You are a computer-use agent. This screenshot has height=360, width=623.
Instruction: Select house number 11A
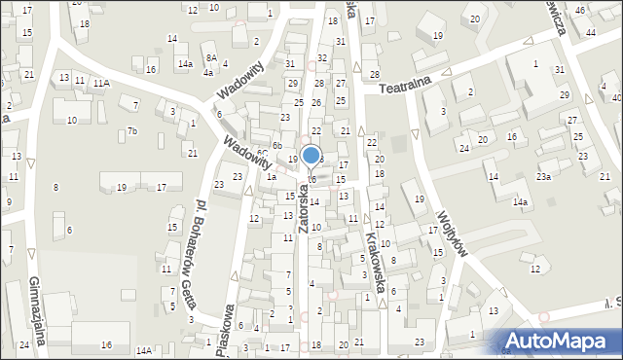(101, 85)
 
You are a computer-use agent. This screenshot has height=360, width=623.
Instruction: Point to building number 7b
(133, 131)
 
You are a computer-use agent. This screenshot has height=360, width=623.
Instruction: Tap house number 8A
(209, 58)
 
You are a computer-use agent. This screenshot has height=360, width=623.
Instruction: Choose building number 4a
(207, 73)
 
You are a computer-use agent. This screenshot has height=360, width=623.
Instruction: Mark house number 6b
(276, 146)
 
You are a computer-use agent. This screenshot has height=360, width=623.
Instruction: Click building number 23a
(543, 176)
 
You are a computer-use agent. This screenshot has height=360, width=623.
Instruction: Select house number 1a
(273, 177)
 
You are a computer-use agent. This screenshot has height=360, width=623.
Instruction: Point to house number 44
(591, 32)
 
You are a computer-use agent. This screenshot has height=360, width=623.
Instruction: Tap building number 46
(580, 10)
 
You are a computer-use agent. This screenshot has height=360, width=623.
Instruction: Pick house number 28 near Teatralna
(374, 75)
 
